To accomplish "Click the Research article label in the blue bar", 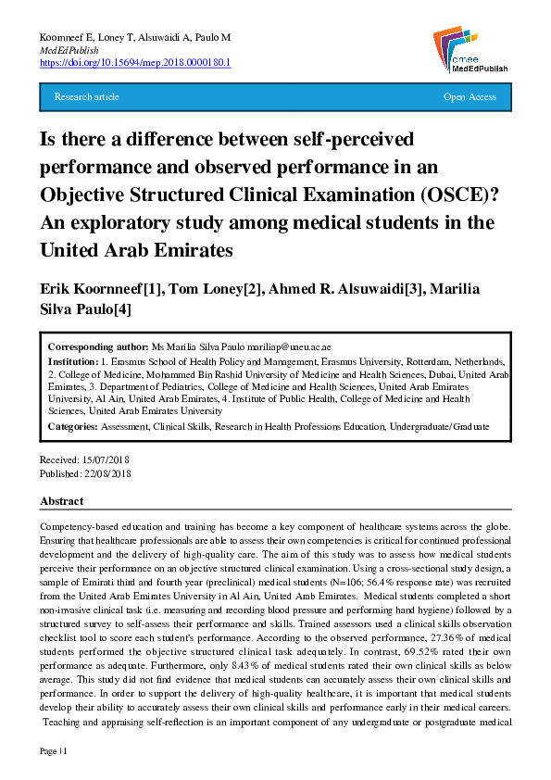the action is click(87, 96).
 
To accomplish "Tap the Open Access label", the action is click(470, 96).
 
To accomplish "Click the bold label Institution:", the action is click(73, 361).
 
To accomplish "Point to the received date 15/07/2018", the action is click(106, 460).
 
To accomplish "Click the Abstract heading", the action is click(62, 501).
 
